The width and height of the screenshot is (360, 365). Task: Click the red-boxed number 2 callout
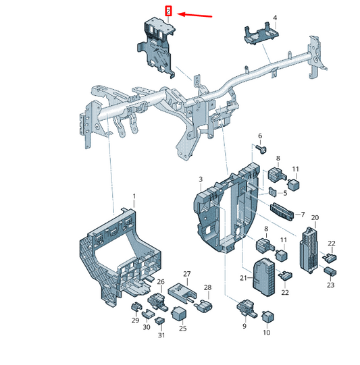point(168,11)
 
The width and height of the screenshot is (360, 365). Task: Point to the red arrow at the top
point(195,15)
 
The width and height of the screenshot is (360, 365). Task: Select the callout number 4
point(275,18)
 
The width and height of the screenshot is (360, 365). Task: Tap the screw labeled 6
point(261,150)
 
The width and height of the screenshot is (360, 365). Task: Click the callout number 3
point(201,179)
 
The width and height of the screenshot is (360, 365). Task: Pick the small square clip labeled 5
point(272,192)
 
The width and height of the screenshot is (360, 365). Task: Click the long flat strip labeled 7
point(282,211)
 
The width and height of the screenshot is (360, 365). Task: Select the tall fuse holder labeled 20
point(309,250)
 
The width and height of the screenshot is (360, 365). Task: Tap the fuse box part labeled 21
point(263,277)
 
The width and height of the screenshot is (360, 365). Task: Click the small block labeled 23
point(330,271)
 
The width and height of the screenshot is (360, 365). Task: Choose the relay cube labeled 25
point(179,313)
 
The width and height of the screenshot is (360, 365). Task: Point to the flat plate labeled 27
point(182,291)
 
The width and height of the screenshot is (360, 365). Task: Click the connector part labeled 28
point(203,306)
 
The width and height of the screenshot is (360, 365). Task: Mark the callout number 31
point(161,335)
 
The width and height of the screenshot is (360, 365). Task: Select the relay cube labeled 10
point(267,316)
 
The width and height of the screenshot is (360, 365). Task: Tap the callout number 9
point(245,326)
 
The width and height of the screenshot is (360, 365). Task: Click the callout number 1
point(134,196)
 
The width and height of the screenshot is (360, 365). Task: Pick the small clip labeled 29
point(136,307)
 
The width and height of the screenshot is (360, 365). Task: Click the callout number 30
point(147,327)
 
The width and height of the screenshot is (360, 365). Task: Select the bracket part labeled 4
point(261,34)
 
